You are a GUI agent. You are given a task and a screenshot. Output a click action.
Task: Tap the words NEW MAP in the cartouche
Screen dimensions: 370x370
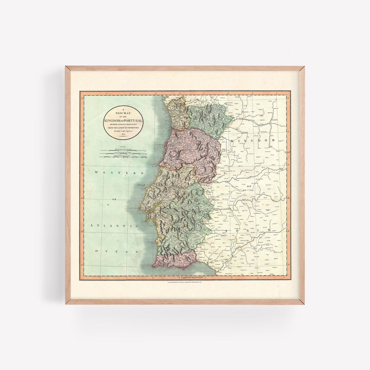click(x=123, y=113)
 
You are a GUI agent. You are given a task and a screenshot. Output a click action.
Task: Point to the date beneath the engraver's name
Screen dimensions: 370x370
click(x=123, y=135)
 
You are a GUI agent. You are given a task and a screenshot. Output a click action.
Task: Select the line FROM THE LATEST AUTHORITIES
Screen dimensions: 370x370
click(x=123, y=128)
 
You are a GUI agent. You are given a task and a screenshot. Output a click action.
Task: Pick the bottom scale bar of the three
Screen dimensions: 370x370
click(x=123, y=157)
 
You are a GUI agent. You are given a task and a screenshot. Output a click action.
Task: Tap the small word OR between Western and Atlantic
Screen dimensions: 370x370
click(x=114, y=199)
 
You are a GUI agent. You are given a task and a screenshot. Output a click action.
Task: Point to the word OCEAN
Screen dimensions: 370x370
click(x=116, y=251)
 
